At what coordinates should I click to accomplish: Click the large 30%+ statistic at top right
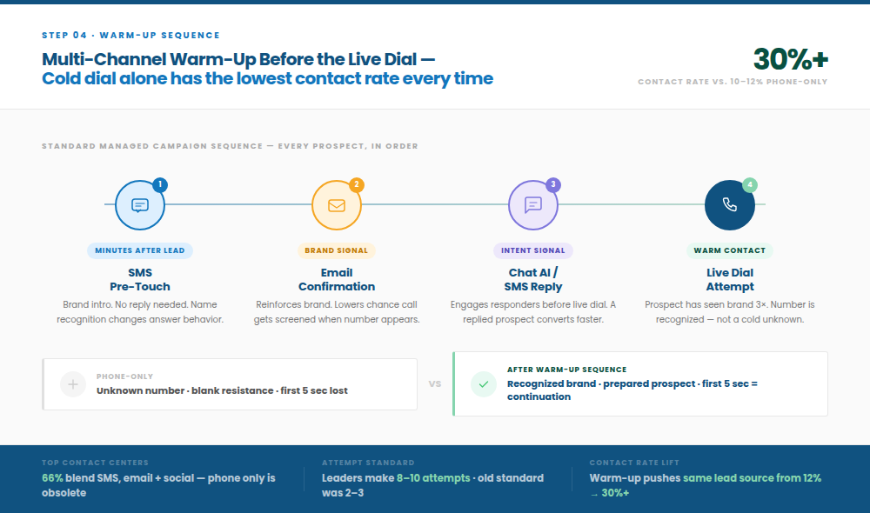pos(790,58)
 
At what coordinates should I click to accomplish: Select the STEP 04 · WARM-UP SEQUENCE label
pos(130,36)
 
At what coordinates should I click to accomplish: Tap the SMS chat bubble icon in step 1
pos(140,205)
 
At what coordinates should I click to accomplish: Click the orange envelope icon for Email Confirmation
pos(337,205)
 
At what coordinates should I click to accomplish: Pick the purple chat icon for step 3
pos(533,205)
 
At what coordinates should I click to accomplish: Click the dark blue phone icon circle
pos(730,205)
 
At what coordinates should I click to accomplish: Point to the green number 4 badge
pos(750,185)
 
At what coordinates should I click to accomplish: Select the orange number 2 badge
pos(357,185)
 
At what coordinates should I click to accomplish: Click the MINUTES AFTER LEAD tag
pos(139,250)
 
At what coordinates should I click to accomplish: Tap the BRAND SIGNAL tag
pos(337,250)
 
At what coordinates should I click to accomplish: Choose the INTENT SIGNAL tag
pos(533,250)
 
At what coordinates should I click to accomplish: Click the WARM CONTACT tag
pos(730,250)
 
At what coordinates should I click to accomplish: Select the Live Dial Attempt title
pos(730,279)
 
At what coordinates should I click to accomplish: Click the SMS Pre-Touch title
pos(140,279)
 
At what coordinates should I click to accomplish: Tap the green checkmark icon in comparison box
pos(483,383)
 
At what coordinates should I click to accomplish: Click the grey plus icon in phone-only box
pos(73,383)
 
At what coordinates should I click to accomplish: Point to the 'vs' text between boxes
pos(435,383)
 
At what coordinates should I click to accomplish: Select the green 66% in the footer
pos(52,478)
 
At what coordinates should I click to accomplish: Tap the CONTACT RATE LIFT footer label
pos(634,463)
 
